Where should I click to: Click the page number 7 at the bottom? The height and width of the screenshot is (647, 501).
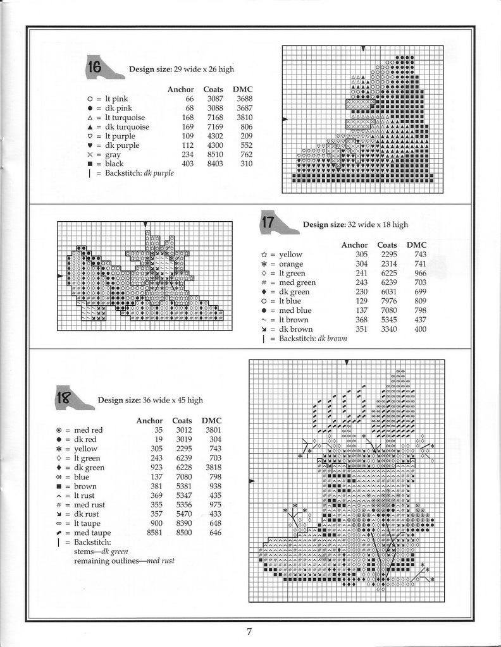point(250,631)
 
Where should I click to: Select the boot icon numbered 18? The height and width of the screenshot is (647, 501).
point(73,398)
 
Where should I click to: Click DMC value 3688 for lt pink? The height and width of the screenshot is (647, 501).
point(245,99)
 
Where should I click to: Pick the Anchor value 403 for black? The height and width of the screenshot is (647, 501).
point(187,164)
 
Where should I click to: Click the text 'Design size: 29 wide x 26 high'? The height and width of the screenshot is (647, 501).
point(182,69)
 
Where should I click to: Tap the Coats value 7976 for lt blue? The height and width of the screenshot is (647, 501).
point(387,301)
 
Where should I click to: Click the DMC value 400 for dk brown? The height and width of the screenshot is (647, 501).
point(420,329)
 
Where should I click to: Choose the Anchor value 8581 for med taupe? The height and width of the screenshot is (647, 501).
point(154,533)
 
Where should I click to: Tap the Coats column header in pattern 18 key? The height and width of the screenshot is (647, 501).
point(182,421)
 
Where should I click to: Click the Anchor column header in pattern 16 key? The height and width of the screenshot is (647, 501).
point(180,90)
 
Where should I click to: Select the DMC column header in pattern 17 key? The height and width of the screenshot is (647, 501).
point(416,245)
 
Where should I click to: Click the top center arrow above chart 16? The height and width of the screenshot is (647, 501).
point(362,49)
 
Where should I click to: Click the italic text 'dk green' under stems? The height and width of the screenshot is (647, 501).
point(115,552)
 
